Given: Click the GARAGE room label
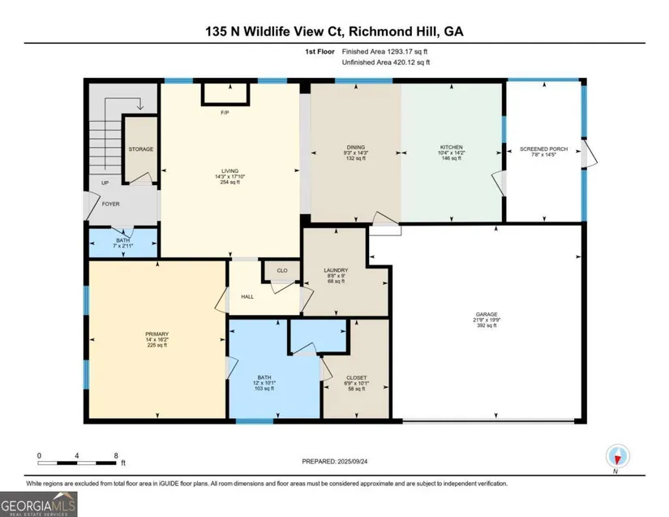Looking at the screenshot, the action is point(487,314).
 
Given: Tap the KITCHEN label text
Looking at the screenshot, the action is point(452,147).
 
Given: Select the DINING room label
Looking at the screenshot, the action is point(356,147).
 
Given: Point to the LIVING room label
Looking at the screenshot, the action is point(229,170).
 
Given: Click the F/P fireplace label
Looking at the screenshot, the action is point(225,113).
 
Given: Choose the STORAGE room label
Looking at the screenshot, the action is point(141,149).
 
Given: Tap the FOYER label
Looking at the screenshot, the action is point(110,204).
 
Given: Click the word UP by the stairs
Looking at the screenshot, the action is point(105,183).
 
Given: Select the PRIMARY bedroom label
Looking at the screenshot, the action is point(157,334).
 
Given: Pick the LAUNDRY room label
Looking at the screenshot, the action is point(336,270).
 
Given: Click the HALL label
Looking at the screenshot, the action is point(247,297).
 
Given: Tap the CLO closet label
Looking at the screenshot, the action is point(282,270).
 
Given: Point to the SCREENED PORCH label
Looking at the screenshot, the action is point(543,149).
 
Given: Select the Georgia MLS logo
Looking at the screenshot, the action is point(38,504).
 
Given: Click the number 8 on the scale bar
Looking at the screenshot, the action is point(116,455).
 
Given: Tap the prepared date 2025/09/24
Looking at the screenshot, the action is point(353,462).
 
